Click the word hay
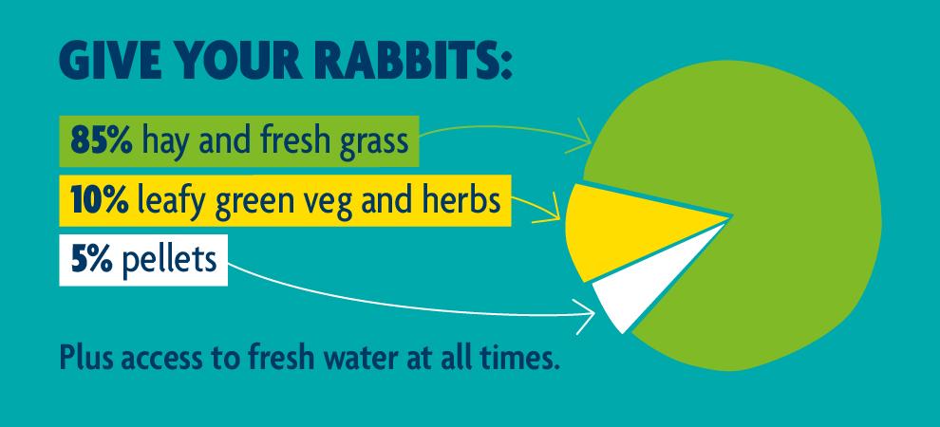point(165,143)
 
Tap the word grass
point(371,145)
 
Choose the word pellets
point(167,258)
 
